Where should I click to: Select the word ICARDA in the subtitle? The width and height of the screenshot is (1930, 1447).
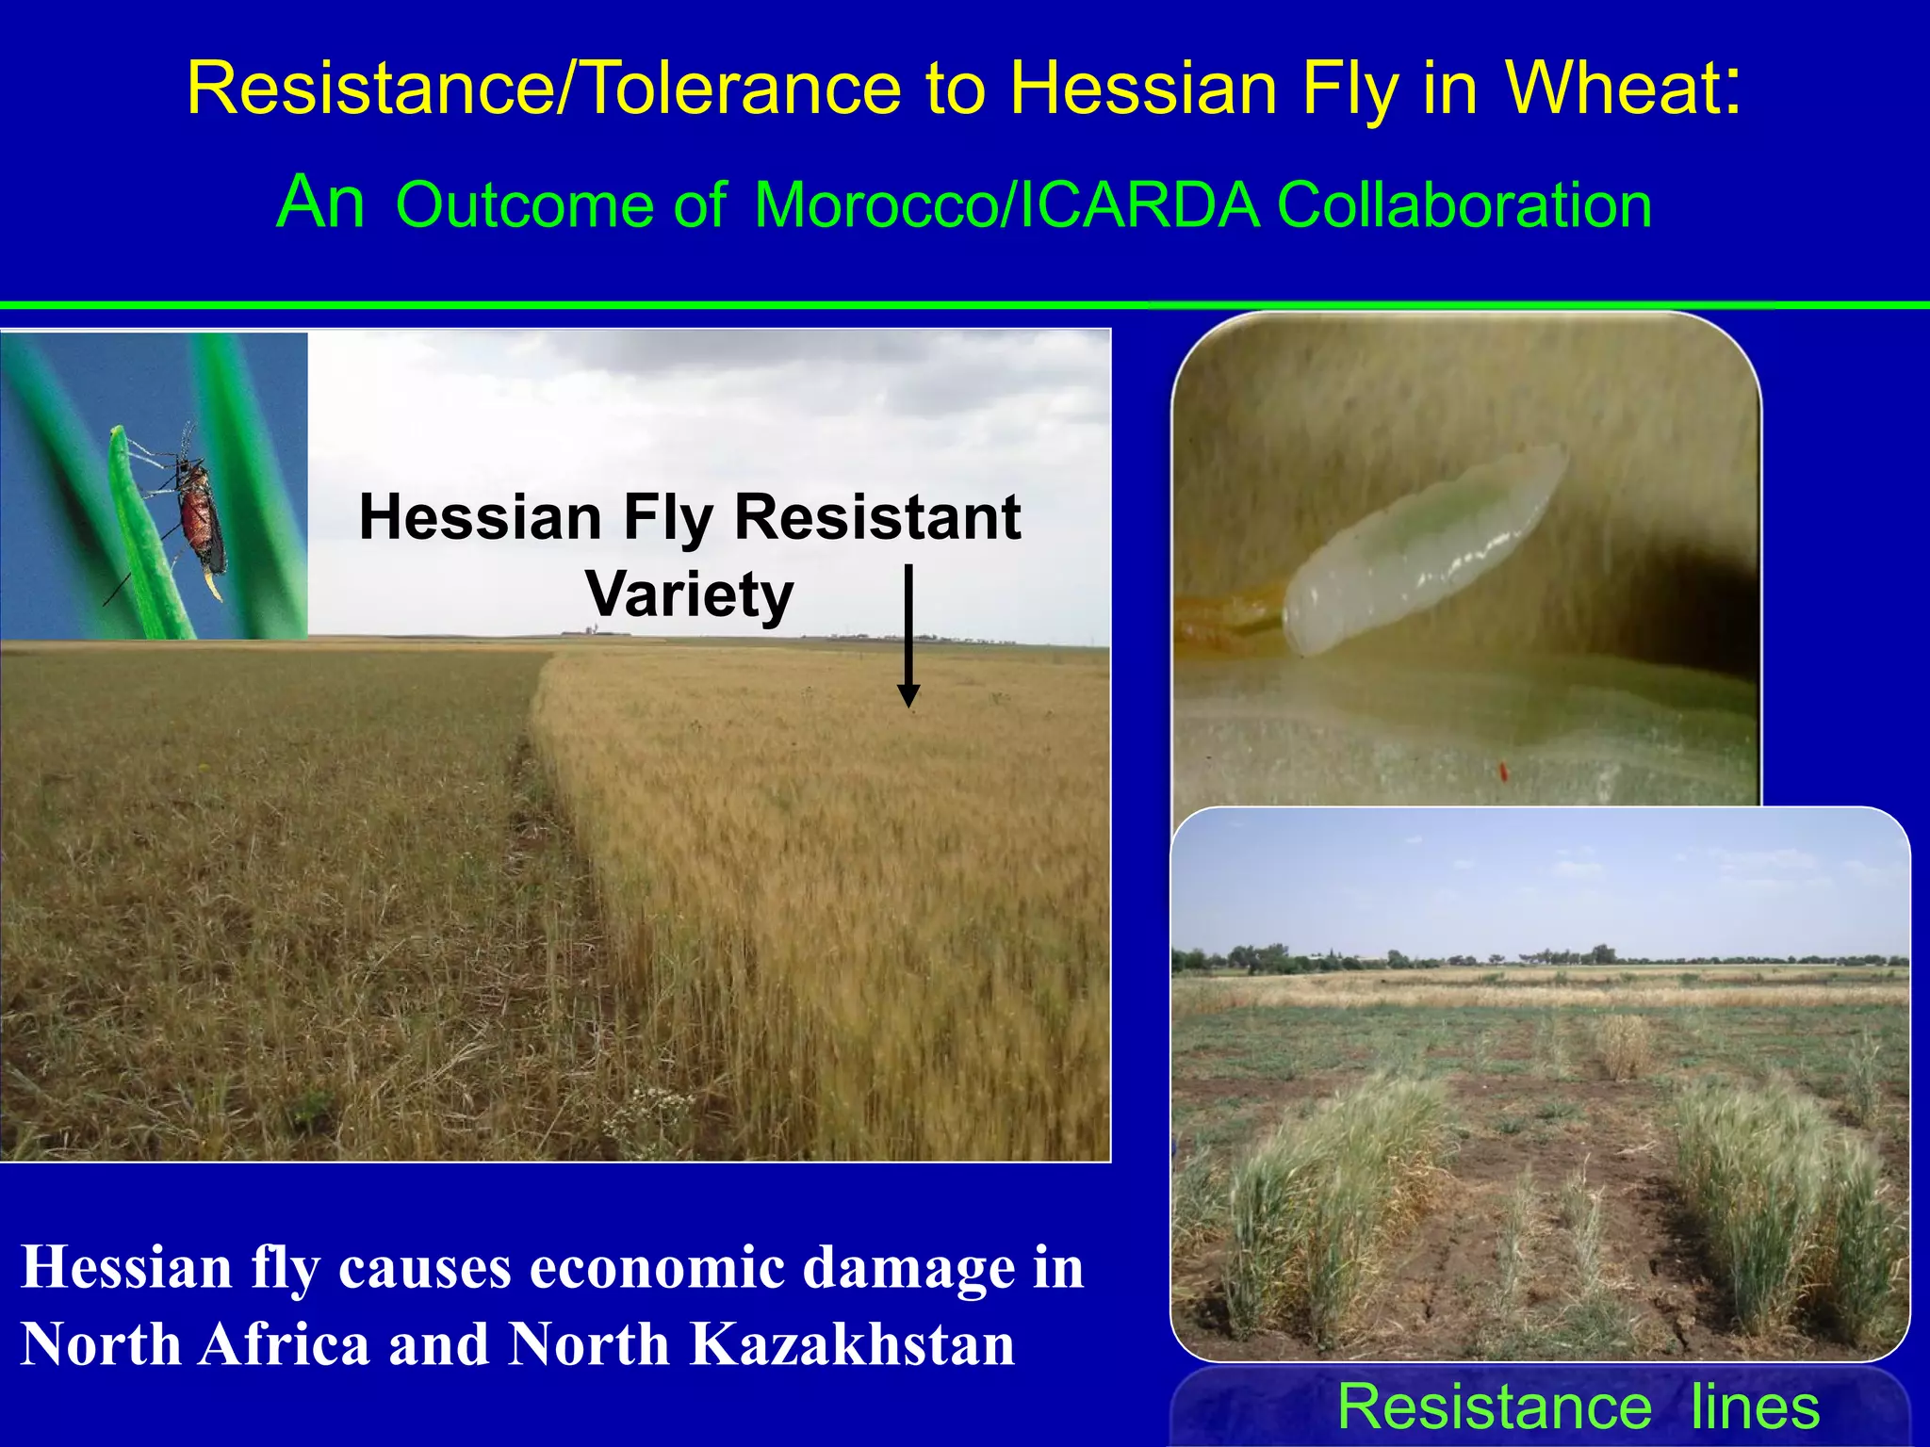1140,204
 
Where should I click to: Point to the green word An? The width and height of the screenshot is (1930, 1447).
320,203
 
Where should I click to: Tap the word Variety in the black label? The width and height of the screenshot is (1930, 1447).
690,595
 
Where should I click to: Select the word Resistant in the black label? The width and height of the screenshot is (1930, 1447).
877,518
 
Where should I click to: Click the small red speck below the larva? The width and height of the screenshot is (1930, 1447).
1503,772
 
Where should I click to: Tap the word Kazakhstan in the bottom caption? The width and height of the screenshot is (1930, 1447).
853,1343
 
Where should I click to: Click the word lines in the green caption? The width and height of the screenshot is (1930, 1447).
1755,1407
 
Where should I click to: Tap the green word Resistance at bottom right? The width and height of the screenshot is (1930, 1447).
1495,1407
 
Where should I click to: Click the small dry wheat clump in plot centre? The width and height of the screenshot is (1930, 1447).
1623,1046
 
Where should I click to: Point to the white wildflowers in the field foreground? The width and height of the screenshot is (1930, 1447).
650,1112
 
